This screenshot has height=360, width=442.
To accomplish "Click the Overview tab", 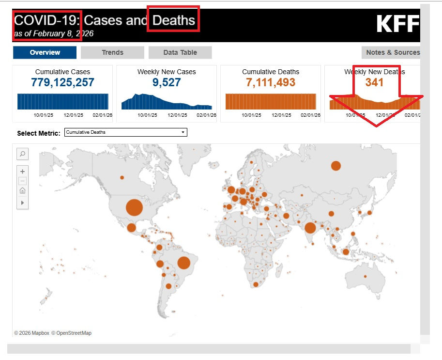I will tap(45, 52).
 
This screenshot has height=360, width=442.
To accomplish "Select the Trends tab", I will tap(112, 52).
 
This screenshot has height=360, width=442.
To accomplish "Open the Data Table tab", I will tap(180, 52).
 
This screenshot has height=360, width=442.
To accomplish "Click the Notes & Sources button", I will tap(393, 52).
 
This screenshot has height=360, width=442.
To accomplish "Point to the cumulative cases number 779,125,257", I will tap(62, 83).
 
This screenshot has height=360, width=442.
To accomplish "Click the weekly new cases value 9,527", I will tap(167, 83).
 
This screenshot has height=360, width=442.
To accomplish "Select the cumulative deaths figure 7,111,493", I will tap(271, 83).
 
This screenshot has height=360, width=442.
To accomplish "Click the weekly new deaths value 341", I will tap(374, 83).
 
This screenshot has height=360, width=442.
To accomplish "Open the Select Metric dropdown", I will tap(125, 132).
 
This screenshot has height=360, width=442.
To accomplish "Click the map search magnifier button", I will tap(22, 154).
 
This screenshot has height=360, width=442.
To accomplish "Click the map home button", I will tap(22, 191).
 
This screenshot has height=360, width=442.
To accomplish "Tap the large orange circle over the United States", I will tap(135, 207).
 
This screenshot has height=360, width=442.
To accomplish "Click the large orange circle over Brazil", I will tap(183, 263).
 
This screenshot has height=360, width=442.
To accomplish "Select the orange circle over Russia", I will tap(336, 166).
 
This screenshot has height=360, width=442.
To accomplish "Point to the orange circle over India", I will tap(310, 228).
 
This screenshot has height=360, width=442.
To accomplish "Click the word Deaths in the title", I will tap(174, 20).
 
